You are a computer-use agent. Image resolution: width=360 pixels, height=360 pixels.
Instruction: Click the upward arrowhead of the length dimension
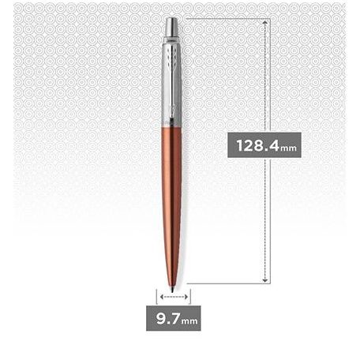coord(267,21)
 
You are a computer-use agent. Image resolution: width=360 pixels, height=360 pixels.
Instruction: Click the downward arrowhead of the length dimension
coord(267,279)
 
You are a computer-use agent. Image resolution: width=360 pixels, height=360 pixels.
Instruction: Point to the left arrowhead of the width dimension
coord(161,298)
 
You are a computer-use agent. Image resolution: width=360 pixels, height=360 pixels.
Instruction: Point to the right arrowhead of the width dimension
coord(187,298)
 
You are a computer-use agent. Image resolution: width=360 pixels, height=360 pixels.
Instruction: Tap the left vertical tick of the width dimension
coord(158,298)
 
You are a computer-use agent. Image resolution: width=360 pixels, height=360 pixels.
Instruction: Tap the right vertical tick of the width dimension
coord(190,298)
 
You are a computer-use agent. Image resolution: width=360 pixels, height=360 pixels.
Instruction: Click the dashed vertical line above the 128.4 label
coord(267,79)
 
